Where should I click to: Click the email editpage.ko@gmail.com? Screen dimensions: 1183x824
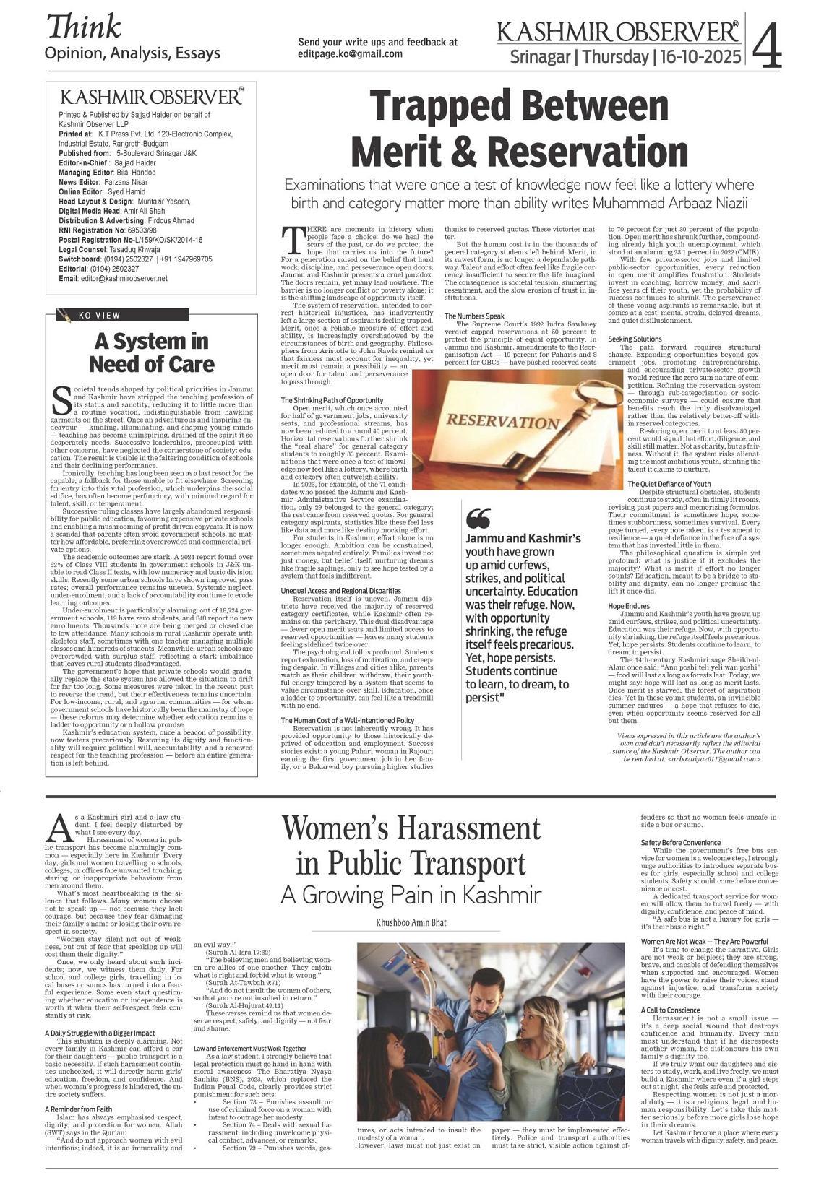(x=351, y=54)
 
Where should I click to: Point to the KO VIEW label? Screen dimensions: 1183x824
(x=100, y=315)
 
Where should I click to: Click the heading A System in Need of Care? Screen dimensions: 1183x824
(x=152, y=352)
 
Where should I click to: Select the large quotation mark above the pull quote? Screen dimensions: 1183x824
(x=478, y=519)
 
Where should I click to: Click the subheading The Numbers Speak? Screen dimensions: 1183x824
(x=474, y=316)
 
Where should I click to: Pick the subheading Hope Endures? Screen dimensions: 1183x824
(x=629, y=606)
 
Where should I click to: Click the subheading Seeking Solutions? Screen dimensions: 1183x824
(x=635, y=339)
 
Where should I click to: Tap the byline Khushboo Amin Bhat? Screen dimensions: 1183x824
(x=411, y=922)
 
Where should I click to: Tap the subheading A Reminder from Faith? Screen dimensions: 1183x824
(x=78, y=1109)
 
